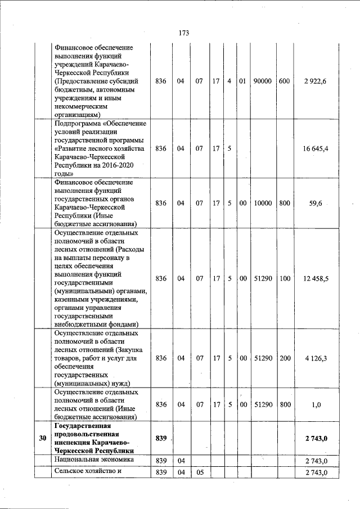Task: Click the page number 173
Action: coord(183,33)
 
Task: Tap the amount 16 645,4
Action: coord(312,148)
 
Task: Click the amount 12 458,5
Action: coord(312,278)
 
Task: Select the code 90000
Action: coord(262,81)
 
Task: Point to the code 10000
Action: coord(262,203)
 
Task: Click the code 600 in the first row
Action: coord(284,81)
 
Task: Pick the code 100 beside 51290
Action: coord(284,278)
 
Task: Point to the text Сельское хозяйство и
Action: coord(88,472)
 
